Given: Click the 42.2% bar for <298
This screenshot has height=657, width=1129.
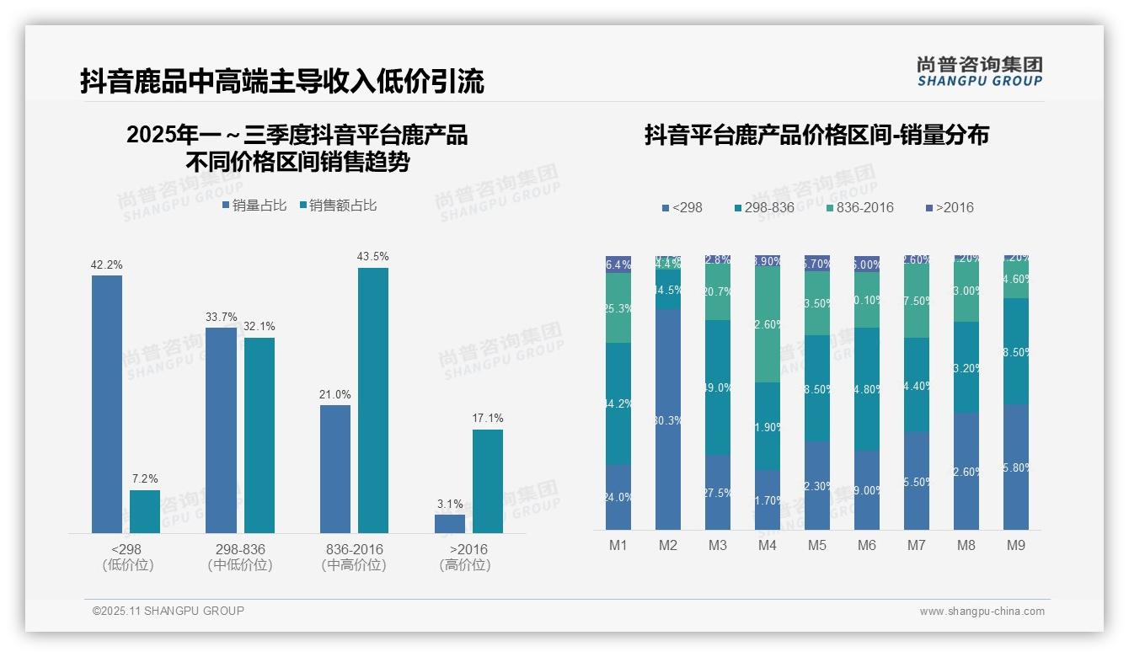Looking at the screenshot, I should click(x=107, y=404).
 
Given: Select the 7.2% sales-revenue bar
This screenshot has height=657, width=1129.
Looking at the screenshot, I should click(x=145, y=511).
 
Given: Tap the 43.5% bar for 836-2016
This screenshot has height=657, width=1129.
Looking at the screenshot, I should click(x=373, y=400).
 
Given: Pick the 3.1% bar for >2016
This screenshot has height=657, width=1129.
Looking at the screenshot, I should click(x=450, y=523).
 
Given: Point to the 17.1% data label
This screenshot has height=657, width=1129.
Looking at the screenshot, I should click(x=488, y=418).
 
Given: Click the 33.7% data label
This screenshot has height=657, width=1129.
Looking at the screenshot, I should click(x=222, y=317).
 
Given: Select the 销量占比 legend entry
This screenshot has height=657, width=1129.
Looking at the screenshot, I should click(x=254, y=206).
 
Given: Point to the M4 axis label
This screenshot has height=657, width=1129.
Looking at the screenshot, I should click(x=767, y=546).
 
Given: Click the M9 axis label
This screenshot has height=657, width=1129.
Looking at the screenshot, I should click(x=1016, y=546).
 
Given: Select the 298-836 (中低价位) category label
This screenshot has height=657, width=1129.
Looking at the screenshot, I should click(x=240, y=557).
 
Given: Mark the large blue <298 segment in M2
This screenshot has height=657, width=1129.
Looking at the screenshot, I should click(x=668, y=419).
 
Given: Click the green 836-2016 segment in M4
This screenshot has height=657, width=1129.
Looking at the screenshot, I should click(x=768, y=323).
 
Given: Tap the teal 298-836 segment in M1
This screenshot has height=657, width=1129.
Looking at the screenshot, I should click(x=618, y=403).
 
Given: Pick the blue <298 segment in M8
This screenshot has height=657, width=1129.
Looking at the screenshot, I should click(x=966, y=471).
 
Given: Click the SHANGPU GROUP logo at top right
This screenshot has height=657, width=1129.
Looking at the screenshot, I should click(x=980, y=71).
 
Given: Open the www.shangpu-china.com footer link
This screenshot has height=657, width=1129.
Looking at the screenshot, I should click(x=982, y=612).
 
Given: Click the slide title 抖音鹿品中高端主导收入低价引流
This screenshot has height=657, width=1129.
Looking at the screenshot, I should click(x=282, y=82).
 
